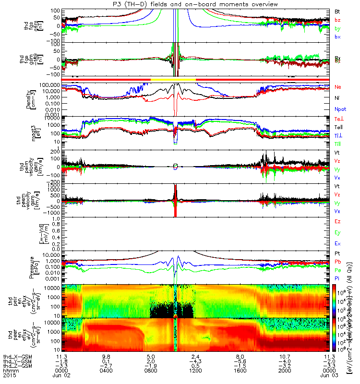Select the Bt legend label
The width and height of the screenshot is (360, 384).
pos(337,11)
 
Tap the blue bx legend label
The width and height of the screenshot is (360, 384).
pos(337,37)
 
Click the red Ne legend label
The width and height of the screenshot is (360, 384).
pos(338,87)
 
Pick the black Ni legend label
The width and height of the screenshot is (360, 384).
pos(337,98)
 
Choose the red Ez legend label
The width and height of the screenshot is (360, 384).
pos(337,222)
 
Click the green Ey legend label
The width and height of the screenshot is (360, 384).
pos(337,233)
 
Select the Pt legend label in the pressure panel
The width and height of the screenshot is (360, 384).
pos(337,252)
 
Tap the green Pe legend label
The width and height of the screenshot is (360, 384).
pos(337,271)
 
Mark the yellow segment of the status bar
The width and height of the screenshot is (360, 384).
pos(173,79)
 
